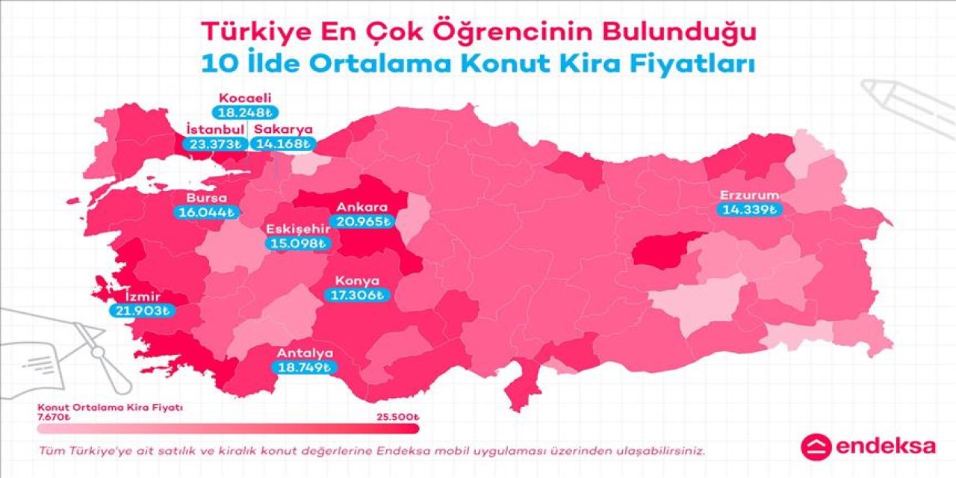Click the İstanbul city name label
click(x=215, y=130)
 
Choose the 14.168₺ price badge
click(x=284, y=143)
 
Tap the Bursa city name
click(x=197, y=198)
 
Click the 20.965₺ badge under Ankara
click(x=363, y=221)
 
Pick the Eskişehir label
click(x=298, y=229)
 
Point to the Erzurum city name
click(x=749, y=196)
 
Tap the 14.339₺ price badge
click(x=749, y=210)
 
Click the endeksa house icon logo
click(x=815, y=447)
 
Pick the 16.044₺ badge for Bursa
click(x=207, y=212)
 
